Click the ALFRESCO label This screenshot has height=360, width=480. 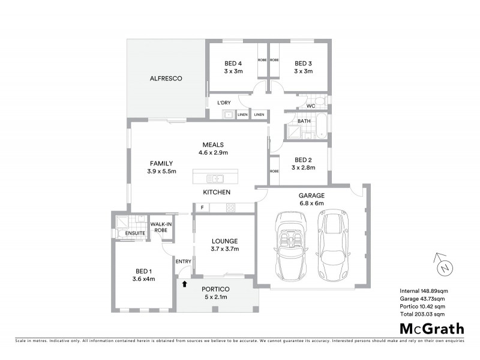tap(166, 79)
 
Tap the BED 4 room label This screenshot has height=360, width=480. tap(233, 64)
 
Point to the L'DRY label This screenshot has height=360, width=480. tap(224, 103)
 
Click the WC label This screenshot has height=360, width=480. tap(310, 106)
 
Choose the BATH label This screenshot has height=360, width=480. tap(304, 121)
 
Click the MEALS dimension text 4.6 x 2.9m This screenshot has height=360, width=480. tap(213, 152)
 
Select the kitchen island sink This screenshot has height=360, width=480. tap(214, 178)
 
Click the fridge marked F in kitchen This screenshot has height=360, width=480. tap(202, 208)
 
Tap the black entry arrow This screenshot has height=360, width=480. tap(185, 283)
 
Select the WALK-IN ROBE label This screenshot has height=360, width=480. tap(161, 227)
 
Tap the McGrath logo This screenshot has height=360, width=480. tap(431, 328)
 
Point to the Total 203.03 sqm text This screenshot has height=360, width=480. tap(422, 314)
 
